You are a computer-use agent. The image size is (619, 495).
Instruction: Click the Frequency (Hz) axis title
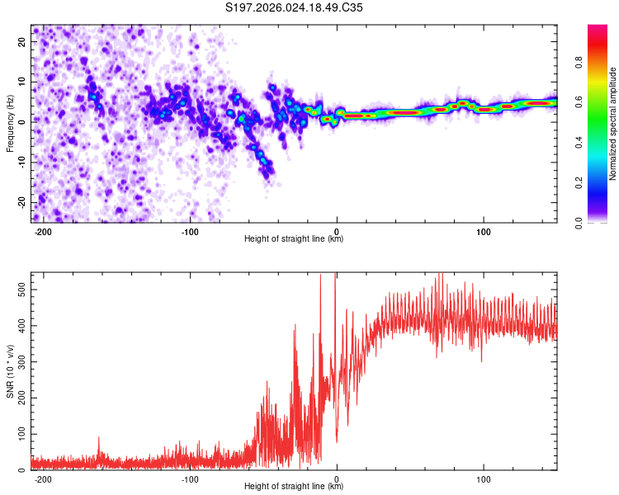pyautogui.click(x=10, y=124)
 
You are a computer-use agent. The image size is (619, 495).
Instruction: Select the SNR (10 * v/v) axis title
pyautogui.click(x=10, y=371)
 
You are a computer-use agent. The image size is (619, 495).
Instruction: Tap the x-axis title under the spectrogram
pyautogui.click(x=294, y=240)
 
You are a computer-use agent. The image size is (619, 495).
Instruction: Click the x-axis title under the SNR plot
pyautogui.click(x=294, y=488)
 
